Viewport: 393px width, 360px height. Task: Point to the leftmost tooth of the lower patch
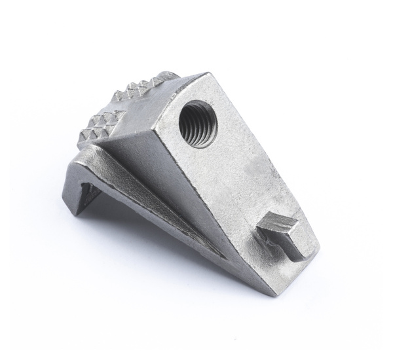(82, 139)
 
